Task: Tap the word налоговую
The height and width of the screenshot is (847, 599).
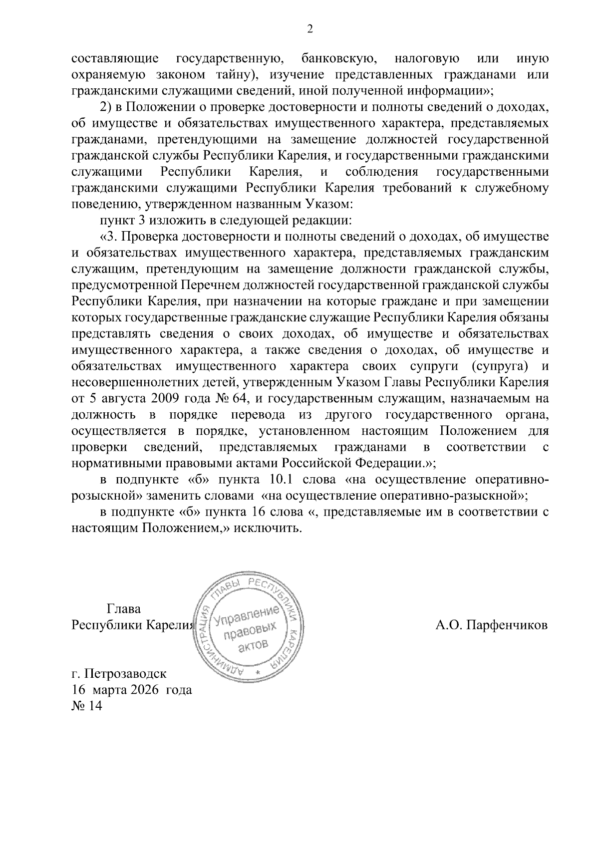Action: coord(427,59)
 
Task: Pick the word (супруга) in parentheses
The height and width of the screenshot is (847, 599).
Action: coord(499,366)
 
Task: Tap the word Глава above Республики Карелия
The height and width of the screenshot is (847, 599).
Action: coord(124,609)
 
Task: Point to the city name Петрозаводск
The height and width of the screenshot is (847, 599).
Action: coord(126,674)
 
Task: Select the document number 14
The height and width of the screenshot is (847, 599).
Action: coord(94,706)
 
